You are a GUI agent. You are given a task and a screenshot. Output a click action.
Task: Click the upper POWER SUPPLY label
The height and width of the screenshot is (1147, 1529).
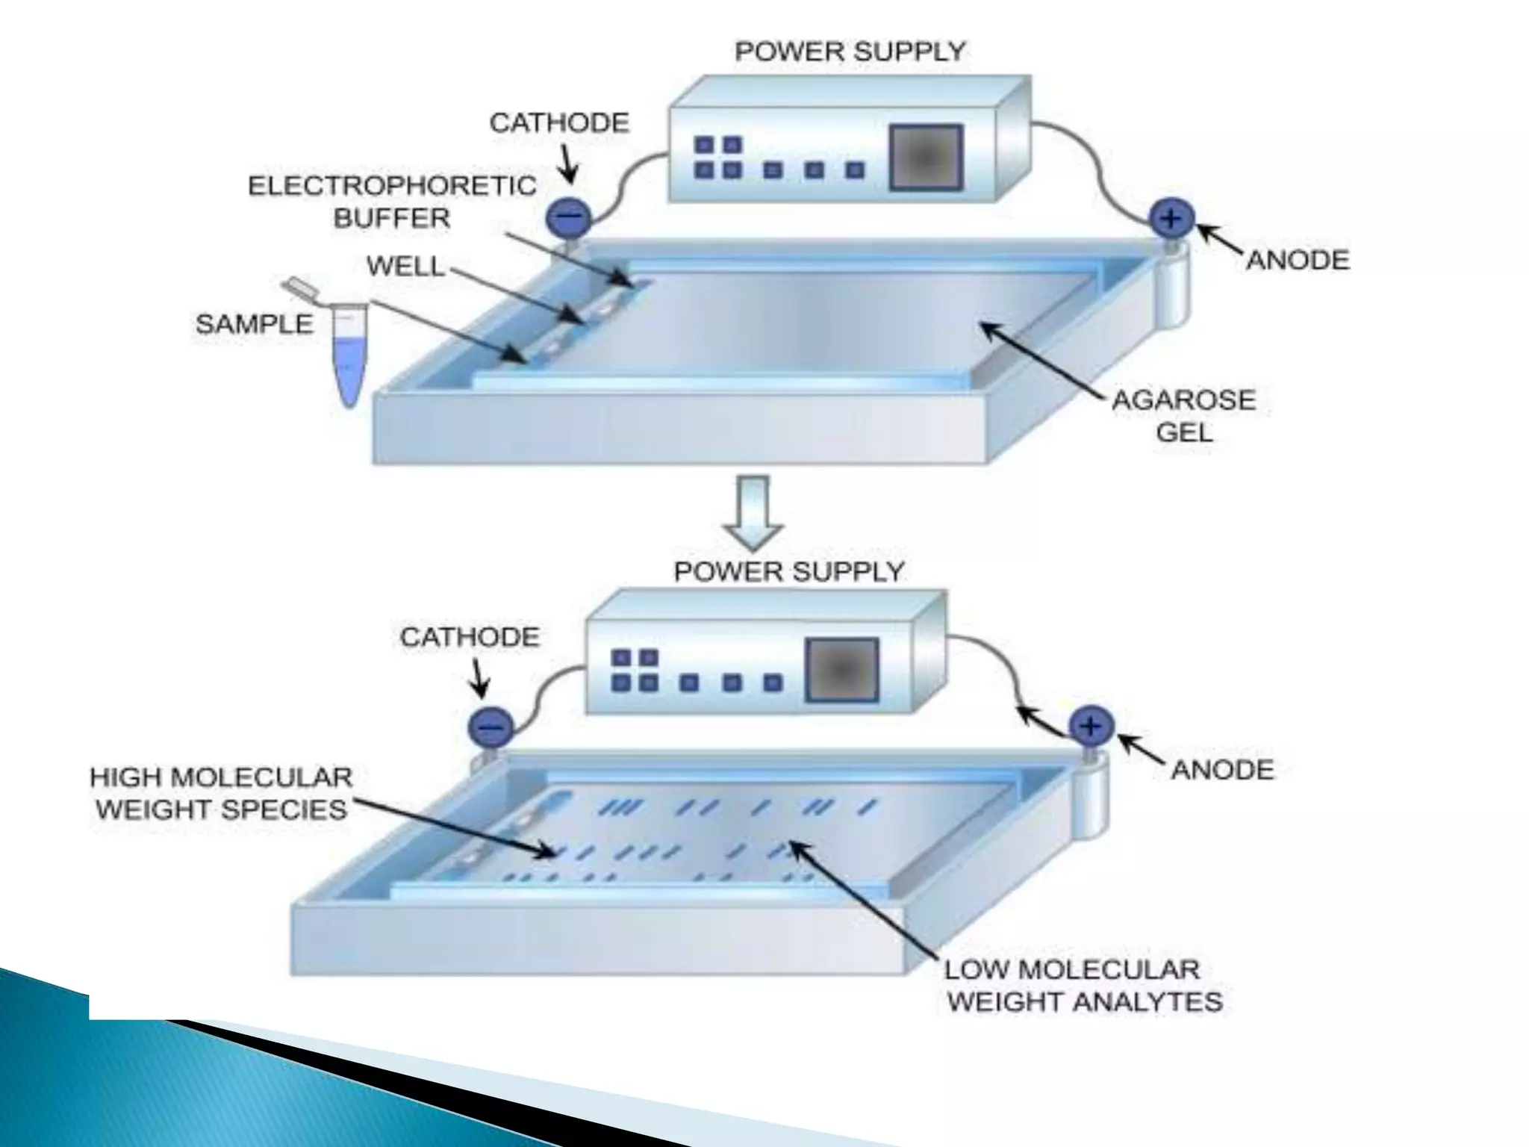pos(850,52)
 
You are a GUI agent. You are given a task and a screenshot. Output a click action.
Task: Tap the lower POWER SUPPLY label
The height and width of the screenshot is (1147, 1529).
pos(788,572)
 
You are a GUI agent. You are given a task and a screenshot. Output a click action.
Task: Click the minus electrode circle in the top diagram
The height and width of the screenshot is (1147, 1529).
pos(569,218)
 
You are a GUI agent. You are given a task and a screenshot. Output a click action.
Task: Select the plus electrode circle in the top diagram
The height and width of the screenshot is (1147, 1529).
pos(1171,218)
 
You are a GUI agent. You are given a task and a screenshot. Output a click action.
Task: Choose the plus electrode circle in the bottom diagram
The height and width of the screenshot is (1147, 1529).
pos(1092,726)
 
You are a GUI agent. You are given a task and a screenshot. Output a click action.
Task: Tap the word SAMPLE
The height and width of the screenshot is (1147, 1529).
pos(254,324)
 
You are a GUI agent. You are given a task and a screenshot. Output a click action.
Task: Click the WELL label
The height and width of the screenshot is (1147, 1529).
pos(405,266)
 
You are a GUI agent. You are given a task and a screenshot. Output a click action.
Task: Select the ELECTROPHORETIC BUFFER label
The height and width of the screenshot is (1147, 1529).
pos(392,202)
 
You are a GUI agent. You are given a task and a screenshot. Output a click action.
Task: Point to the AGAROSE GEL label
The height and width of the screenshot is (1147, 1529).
pos(1184,416)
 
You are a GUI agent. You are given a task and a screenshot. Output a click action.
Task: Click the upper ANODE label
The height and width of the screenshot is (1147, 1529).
pos(1298,261)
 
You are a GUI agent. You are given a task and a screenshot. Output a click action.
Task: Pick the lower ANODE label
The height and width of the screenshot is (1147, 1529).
pos(1222,770)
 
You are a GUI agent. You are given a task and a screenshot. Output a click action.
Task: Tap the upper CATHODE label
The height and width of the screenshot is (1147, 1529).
pos(559,122)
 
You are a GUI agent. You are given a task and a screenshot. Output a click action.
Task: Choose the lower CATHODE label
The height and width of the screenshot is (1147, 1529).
pos(470,637)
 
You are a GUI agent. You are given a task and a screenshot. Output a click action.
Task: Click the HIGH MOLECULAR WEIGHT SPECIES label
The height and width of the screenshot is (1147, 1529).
pos(221,793)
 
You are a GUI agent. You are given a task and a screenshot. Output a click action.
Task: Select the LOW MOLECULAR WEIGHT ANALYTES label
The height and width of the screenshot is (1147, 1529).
pos(1083,985)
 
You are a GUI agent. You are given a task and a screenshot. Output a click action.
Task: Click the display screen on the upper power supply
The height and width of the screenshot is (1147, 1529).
pos(925,158)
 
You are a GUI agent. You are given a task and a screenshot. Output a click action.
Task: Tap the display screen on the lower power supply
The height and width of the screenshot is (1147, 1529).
pos(841,670)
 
